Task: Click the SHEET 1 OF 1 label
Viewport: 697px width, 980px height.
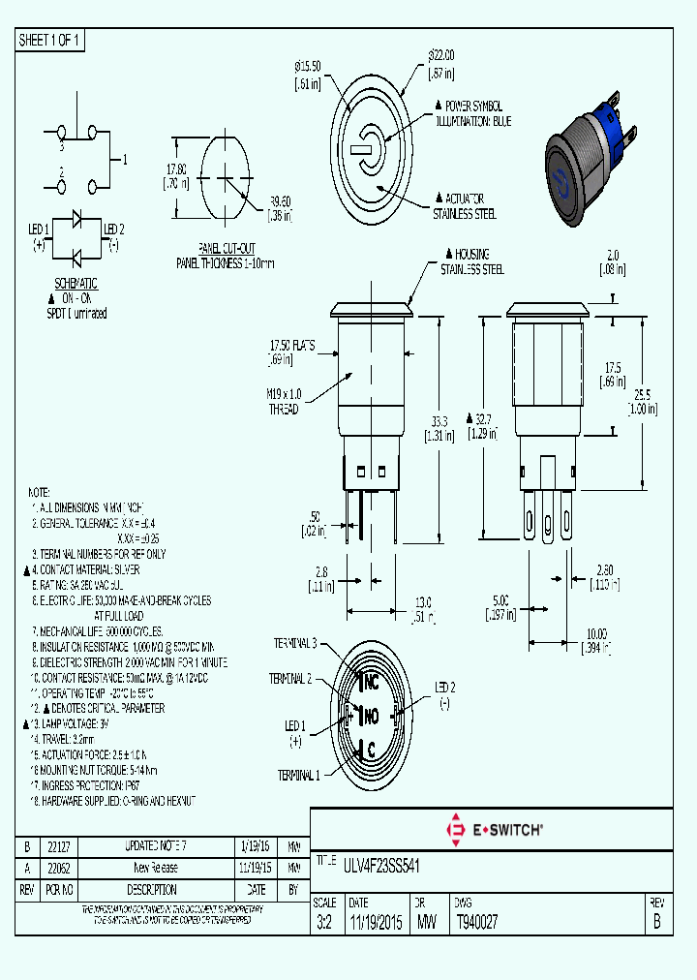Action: pyautogui.click(x=50, y=41)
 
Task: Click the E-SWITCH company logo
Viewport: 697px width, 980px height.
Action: pyautogui.click(x=494, y=829)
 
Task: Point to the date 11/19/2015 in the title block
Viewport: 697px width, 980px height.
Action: pyautogui.click(x=376, y=922)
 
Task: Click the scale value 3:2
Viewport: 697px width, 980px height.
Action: pyautogui.click(x=323, y=922)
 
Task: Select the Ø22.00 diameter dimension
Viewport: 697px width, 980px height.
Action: pyautogui.click(x=441, y=64)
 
